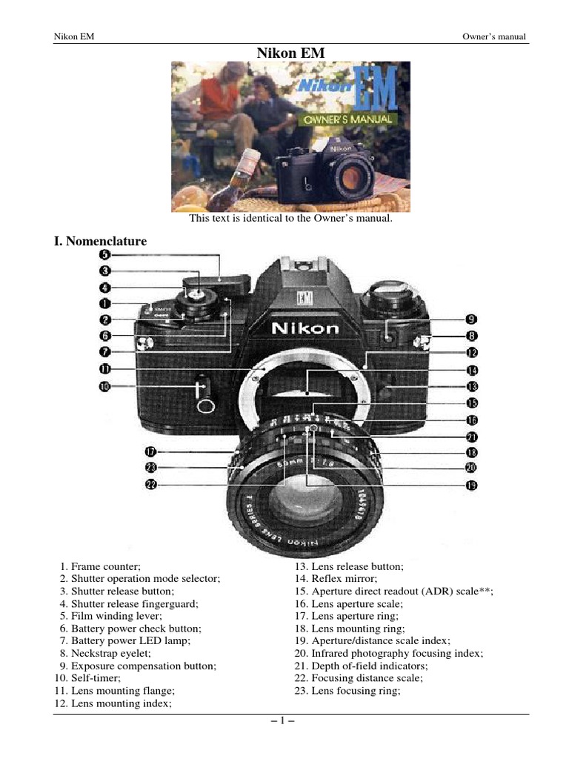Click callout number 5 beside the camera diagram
click(x=105, y=254)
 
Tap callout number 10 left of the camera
click(x=105, y=385)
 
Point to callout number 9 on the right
click(x=471, y=319)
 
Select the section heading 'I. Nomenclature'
click(x=100, y=241)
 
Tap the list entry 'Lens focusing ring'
click(x=347, y=691)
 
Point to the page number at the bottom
click(x=284, y=719)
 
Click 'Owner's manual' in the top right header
click(x=494, y=36)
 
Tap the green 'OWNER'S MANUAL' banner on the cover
click(x=347, y=119)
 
